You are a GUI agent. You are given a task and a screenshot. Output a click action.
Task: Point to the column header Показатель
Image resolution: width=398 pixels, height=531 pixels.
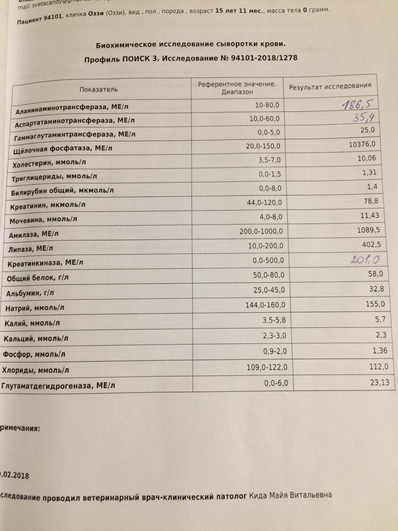click(98, 88)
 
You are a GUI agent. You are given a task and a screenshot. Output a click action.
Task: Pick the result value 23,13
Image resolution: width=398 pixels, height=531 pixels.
click(365, 381)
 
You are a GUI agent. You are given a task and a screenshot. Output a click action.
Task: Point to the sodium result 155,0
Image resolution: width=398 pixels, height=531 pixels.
click(365, 304)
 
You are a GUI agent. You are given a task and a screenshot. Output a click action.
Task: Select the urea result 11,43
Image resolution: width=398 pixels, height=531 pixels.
click(363, 214)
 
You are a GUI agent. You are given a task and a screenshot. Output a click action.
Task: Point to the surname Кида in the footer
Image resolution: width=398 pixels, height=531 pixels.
click(259, 496)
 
